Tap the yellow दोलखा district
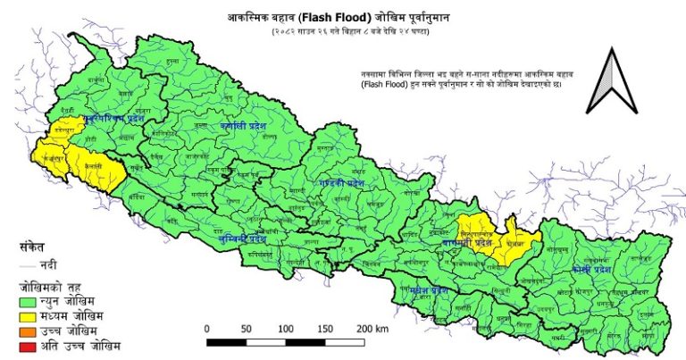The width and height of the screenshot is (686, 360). coord(515,241)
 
